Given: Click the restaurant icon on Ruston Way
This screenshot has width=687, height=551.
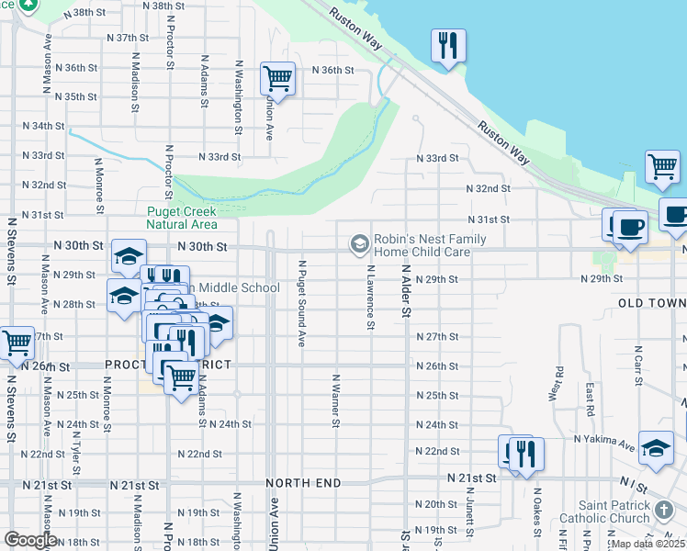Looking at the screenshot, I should coord(448,45).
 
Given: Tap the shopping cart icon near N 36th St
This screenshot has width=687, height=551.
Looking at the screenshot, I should coord(277,79).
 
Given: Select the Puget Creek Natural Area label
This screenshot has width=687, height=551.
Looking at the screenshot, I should coord(182,218).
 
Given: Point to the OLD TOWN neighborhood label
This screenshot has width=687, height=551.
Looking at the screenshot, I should coord(652,302).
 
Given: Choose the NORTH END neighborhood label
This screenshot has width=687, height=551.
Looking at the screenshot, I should coord(303,483).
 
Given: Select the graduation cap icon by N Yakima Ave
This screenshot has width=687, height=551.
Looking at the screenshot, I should coord(655,447).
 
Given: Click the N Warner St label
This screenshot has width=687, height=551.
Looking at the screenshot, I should coord(336,400).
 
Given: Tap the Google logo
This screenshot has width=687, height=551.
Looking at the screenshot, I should coord(30,540).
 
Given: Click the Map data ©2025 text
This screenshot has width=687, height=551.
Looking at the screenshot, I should coord(648,545).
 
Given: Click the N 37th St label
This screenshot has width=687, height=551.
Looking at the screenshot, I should coord(127,38).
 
